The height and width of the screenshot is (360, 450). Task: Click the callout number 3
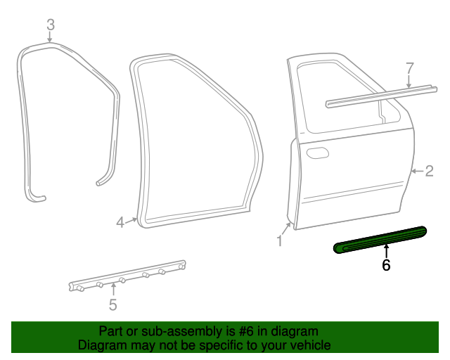50,25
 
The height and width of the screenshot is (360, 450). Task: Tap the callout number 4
120,222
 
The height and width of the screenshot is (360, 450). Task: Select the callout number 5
112,304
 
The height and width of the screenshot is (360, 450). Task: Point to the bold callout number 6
385,265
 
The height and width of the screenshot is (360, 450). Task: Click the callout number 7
410,68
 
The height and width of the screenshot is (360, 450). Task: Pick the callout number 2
429,171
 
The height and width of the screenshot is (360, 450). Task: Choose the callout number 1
279,241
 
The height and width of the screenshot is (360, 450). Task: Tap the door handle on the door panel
316,153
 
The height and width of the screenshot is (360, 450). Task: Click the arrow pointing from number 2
416,171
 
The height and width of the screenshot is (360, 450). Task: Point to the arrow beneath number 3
50,37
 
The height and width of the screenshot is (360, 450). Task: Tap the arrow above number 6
385,250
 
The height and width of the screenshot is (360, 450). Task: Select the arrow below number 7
410,82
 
